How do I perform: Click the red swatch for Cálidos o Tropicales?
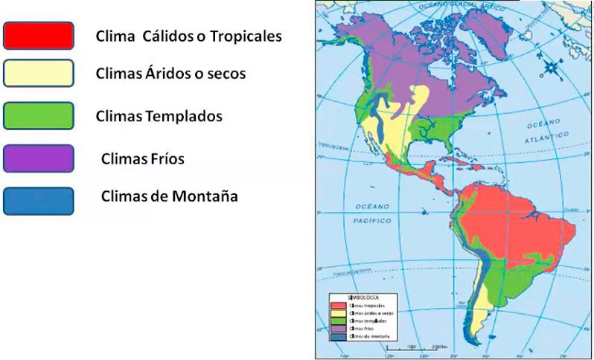point(39,35)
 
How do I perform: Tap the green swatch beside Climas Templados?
point(39,115)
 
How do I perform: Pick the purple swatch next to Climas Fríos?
point(39,158)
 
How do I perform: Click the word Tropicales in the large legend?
point(246,36)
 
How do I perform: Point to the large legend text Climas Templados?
point(159,116)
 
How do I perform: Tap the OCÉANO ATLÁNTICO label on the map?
point(534,132)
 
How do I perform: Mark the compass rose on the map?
point(551,68)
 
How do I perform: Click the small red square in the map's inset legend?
point(339,306)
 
